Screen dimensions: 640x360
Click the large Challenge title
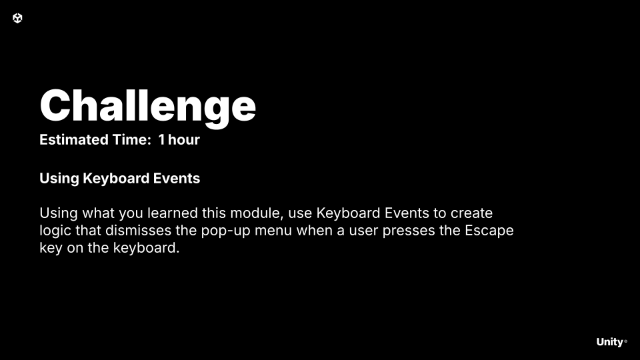point(148,107)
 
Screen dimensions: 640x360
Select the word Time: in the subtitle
point(132,139)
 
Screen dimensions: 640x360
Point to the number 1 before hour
point(161,139)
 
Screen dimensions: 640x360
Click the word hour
point(184,139)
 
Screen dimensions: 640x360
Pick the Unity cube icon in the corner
point(17,18)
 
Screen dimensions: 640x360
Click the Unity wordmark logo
point(611,342)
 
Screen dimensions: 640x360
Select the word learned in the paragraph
point(173,213)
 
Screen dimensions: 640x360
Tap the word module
point(257,213)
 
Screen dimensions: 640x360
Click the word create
point(471,213)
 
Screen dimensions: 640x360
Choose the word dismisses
point(139,230)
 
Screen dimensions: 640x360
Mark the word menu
point(273,231)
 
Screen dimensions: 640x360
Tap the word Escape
point(489,231)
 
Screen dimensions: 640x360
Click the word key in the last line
point(51,248)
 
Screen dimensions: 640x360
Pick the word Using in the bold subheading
point(59,179)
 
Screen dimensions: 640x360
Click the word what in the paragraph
point(99,213)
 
